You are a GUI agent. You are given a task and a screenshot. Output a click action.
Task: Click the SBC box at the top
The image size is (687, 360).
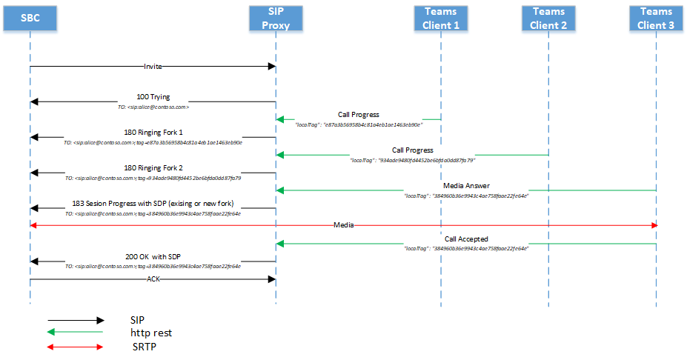[30, 18]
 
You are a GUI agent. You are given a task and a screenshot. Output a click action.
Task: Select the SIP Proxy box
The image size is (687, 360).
[276, 18]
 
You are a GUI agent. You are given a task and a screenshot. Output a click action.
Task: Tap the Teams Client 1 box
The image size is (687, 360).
[441, 18]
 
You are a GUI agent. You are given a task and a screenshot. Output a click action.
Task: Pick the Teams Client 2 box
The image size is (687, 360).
[548, 18]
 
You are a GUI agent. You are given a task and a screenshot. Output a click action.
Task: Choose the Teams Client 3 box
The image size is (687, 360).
[656, 18]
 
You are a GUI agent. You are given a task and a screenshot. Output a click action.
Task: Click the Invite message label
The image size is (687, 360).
[153, 67]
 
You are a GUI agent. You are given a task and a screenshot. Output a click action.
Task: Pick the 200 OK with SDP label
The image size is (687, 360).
[153, 256]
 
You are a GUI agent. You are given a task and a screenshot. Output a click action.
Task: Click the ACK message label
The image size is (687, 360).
[153, 279]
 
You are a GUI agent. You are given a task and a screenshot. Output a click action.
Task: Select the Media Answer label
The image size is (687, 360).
[466, 186]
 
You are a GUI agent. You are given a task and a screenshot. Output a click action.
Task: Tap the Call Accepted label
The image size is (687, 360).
[466, 239]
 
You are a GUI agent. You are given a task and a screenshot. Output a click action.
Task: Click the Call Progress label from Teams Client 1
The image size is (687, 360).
[359, 115]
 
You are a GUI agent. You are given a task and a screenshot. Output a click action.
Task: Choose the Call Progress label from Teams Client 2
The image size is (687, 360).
[413, 150]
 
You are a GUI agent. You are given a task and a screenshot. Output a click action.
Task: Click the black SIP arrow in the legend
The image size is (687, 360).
[75, 320]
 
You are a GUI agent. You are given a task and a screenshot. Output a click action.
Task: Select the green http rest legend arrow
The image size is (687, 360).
[75, 333]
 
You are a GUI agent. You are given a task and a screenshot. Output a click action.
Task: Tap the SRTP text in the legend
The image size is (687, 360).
[143, 346]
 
